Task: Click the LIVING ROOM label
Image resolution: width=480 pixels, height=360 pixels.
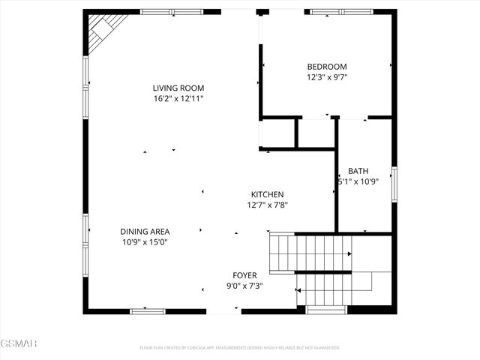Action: coord(178,88)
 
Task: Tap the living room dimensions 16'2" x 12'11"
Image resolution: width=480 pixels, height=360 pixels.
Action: coord(178,98)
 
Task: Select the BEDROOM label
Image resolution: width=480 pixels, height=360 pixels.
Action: coord(327,66)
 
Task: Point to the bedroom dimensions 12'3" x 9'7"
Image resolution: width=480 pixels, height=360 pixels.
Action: coord(327,76)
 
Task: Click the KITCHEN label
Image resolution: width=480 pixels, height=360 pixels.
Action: coord(267,194)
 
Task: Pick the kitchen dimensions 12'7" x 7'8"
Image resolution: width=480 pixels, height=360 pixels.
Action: coord(268,205)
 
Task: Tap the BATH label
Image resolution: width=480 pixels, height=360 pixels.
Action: coord(358,171)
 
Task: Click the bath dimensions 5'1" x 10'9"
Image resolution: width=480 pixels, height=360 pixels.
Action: coord(358,181)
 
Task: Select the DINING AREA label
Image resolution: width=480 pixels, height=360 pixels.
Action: coord(145,232)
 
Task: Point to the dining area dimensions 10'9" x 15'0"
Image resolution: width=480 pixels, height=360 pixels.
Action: coord(145,242)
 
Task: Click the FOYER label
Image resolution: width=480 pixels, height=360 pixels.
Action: coord(244,275)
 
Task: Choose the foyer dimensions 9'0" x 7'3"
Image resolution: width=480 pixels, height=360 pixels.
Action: coord(244,286)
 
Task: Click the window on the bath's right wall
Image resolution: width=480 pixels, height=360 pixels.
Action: coord(394,184)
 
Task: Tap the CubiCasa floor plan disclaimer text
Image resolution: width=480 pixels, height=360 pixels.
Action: coord(240,348)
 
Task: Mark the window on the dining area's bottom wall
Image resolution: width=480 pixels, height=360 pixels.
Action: coord(148,310)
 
